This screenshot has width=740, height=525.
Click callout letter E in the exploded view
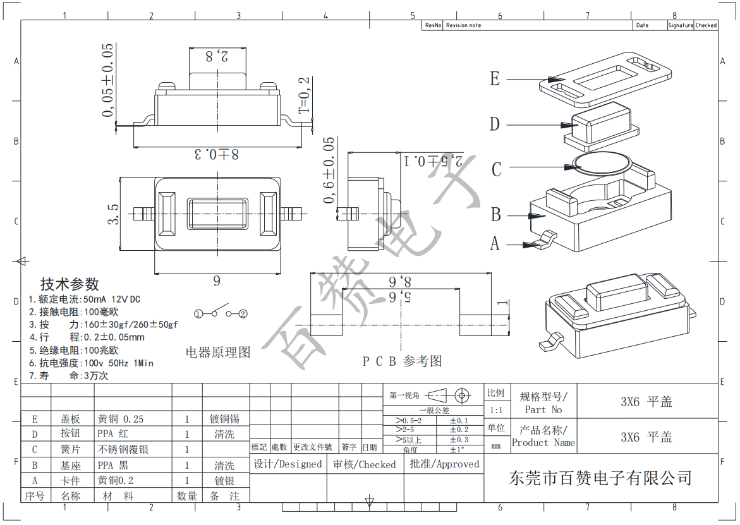[x=495, y=79]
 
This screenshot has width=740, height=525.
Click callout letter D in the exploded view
[x=495, y=124]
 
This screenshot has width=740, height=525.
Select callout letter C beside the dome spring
[x=496, y=169]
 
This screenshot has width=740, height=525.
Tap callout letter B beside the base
[x=496, y=215]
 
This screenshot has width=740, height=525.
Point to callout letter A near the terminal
[x=495, y=243]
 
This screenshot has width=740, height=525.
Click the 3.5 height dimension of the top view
[x=112, y=214]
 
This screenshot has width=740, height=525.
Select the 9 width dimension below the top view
[x=217, y=282]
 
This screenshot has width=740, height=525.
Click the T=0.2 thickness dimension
[x=305, y=95]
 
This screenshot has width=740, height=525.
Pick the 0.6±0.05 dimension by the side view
[x=328, y=170]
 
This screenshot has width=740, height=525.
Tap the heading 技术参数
[x=70, y=284]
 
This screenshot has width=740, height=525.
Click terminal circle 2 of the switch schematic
[x=243, y=313]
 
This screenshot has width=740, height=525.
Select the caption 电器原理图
[x=218, y=352]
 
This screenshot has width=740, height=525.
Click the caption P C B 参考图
[x=402, y=361]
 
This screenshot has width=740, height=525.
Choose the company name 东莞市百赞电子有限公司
[x=600, y=478]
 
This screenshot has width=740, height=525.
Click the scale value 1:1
[x=496, y=410]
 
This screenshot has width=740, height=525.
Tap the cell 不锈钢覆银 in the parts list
[x=123, y=449]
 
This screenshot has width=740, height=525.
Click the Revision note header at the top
[x=463, y=25]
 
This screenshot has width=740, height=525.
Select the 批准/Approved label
[x=444, y=464]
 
